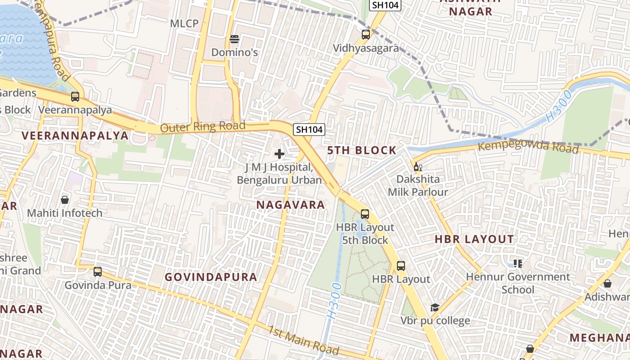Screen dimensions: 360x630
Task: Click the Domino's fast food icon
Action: [234, 39]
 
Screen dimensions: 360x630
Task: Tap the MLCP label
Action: [184, 23]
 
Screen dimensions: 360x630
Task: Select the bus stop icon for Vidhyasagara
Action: [366, 34]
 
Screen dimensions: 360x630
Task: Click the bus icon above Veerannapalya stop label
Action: [75, 96]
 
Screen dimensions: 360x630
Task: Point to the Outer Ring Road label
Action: [202, 127]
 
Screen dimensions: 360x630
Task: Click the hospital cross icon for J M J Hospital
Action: [279, 154]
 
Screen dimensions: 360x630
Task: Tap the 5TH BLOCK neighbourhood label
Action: [362, 150]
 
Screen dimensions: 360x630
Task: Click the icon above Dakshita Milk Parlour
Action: [418, 167]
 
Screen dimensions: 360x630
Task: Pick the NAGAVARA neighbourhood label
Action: [291, 205]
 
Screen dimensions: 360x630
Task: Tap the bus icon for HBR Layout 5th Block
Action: [365, 214]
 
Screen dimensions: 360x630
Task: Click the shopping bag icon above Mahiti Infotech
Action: [65, 200]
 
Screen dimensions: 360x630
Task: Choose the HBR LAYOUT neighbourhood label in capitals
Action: [474, 239]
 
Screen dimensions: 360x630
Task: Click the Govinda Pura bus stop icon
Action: [98, 272]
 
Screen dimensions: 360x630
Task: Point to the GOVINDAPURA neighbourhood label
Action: [211, 277]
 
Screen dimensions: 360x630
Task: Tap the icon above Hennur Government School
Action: [518, 264]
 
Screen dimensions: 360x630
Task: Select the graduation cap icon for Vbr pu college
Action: [435, 308]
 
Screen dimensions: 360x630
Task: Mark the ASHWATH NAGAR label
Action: [471, 7]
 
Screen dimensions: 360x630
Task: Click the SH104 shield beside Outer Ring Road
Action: [309, 130]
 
